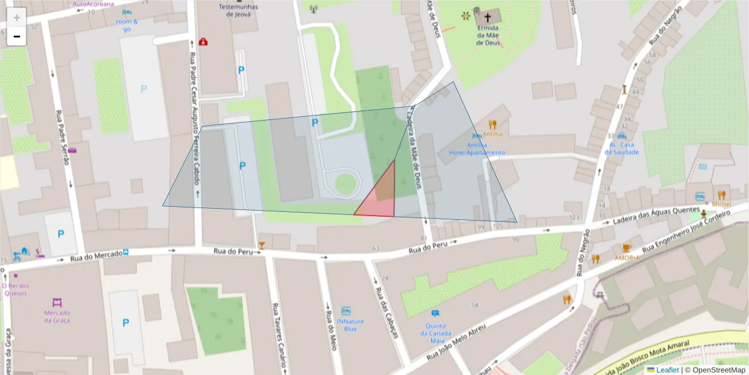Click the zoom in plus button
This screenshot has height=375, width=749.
pos(17,17)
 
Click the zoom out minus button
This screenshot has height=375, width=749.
pos(17,36)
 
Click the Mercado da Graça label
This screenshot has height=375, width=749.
pos(57,316)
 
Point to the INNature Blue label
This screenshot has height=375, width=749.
pos(350,325)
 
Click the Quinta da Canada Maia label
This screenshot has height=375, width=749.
pos(435,333)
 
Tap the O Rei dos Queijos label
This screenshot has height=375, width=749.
pos(16,289)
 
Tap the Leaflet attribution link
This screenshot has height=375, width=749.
pos(667,369)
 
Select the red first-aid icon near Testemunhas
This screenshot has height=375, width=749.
pos(203,42)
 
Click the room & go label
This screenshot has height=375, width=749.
pos(127,25)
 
